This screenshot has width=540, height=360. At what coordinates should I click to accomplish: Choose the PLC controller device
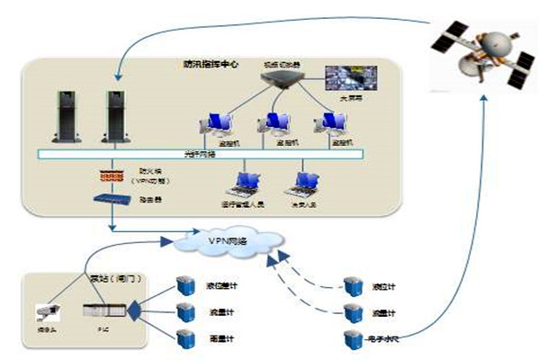100,312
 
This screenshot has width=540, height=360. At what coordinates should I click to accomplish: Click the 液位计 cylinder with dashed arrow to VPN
353,286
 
